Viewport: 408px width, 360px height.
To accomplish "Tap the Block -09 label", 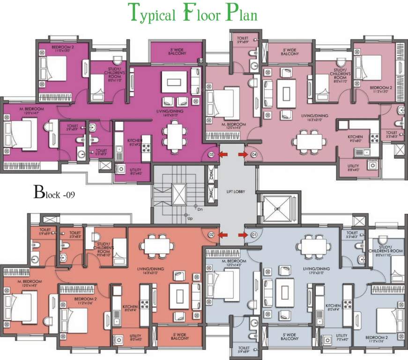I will click(x=54, y=192).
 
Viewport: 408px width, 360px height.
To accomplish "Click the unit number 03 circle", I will click(x=211, y=154).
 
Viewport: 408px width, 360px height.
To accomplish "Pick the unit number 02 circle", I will click(x=211, y=234).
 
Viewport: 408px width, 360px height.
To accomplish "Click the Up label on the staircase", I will click(x=190, y=218).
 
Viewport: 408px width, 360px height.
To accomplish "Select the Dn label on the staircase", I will click(x=200, y=209).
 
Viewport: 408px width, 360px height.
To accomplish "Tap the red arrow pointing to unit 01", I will click(x=243, y=234).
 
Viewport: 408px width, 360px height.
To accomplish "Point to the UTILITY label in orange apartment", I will click(x=136, y=337).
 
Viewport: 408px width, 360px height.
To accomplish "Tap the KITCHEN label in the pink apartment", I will click(x=356, y=138).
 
